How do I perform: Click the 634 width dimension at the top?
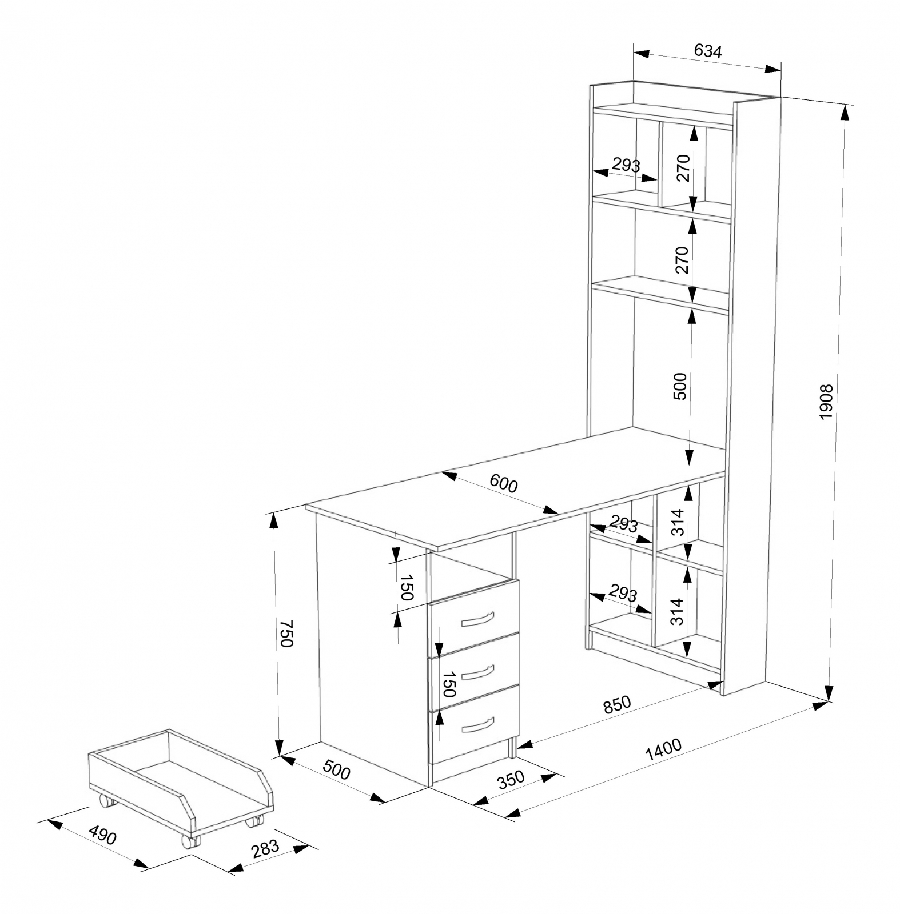click(x=708, y=51)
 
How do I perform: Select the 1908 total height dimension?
click(x=827, y=403)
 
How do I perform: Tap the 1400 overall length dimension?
click(x=663, y=751)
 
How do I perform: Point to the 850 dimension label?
click(x=618, y=705)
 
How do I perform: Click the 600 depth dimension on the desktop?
click(x=504, y=484)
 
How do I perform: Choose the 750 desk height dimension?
click(x=286, y=633)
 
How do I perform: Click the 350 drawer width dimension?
click(x=511, y=779)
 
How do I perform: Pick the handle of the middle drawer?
click(x=477, y=672)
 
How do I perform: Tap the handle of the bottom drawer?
click(x=477, y=724)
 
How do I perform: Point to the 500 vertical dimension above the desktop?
click(x=680, y=386)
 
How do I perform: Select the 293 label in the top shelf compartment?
click(x=626, y=165)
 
